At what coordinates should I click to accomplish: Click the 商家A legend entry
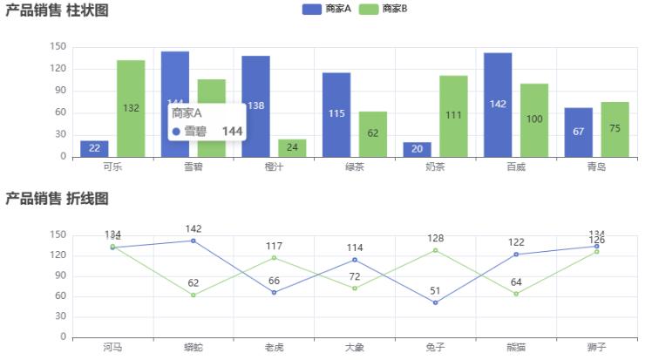pyautogui.click(x=327, y=9)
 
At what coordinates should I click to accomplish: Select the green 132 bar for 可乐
pyautogui.click(x=131, y=108)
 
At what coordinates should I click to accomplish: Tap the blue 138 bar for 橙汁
pyautogui.click(x=255, y=105)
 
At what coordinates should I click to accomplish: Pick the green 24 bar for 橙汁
pyautogui.click(x=292, y=147)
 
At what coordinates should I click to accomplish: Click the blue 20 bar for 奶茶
pyautogui.click(x=417, y=149)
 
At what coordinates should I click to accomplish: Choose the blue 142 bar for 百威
pyautogui.click(x=498, y=105)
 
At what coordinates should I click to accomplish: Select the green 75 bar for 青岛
pyautogui.click(x=615, y=129)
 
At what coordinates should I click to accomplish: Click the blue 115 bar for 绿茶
pyautogui.click(x=336, y=114)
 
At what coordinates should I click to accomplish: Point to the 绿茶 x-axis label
pyautogui.click(x=355, y=166)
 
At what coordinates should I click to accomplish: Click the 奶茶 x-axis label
pyautogui.click(x=436, y=166)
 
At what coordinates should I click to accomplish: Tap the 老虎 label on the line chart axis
pyautogui.click(x=274, y=348)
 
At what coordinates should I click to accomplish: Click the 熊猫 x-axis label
pyautogui.click(x=516, y=348)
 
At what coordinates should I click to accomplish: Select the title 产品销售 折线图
pyautogui.click(x=57, y=199)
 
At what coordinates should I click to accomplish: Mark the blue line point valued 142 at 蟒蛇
pyautogui.click(x=193, y=241)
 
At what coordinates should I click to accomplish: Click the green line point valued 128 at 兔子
pyautogui.click(x=435, y=250)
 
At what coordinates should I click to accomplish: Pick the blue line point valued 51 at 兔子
pyautogui.click(x=435, y=302)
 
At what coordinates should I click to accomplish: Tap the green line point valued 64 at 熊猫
pyautogui.click(x=516, y=294)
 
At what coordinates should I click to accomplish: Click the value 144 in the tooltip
pyautogui.click(x=232, y=131)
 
